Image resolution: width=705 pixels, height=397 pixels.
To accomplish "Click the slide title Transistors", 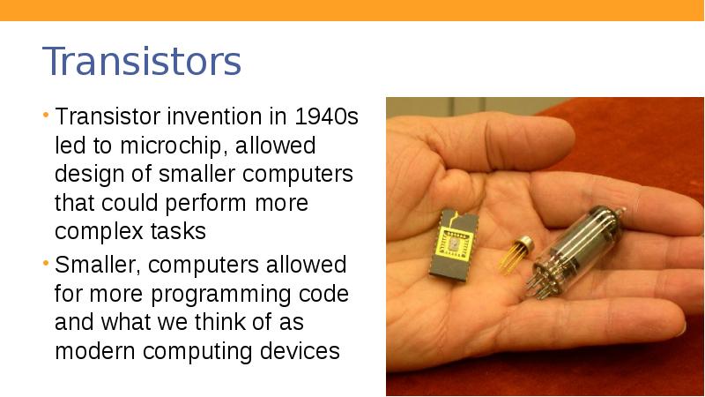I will pyautogui.click(x=142, y=62).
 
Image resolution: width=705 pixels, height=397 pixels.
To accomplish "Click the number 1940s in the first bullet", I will pyautogui.click(x=326, y=116).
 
